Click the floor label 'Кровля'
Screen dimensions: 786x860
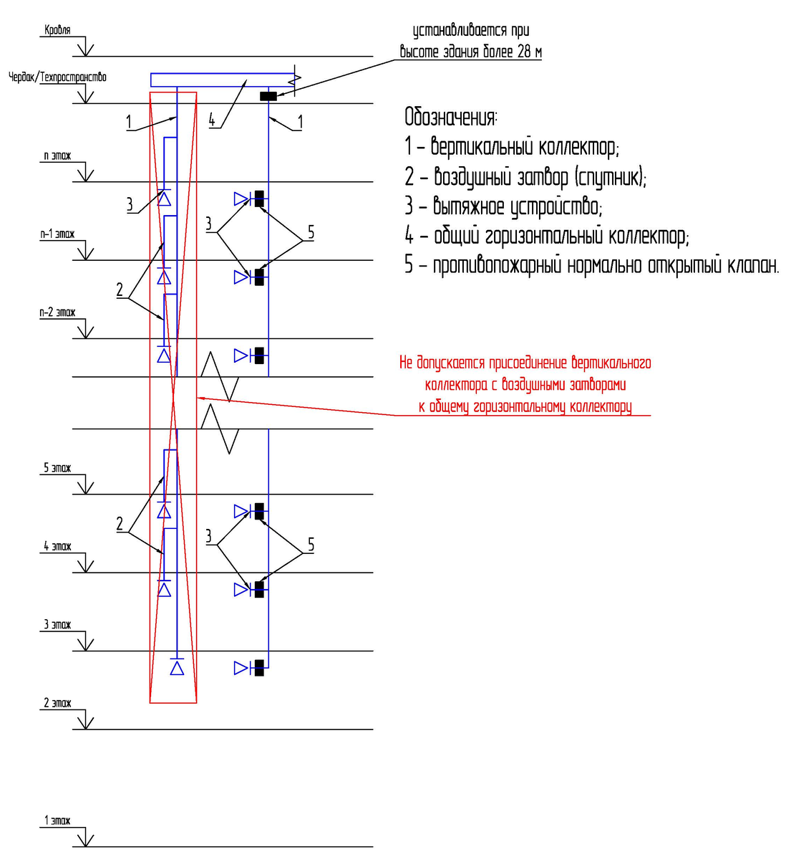(57, 30)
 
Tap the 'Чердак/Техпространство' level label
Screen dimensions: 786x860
(57, 77)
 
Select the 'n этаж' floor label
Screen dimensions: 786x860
(57, 156)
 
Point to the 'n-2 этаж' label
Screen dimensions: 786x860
(57, 312)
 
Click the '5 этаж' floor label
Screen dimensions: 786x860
(57, 468)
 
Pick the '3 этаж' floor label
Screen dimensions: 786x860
(57, 624)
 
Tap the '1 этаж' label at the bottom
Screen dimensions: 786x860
(57, 821)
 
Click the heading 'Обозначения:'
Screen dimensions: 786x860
(451, 117)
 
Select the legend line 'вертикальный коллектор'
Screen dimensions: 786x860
(511, 147)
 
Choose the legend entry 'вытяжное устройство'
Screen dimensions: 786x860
(503, 206)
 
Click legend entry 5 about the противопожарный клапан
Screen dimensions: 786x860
(591, 265)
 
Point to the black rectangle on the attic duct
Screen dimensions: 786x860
(268, 96)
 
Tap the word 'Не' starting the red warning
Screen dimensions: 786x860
(406, 363)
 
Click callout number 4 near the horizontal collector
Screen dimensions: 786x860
(212, 120)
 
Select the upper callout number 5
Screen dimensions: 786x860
(311, 232)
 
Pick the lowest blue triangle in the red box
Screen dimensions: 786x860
(177, 668)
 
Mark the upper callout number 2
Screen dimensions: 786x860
(120, 290)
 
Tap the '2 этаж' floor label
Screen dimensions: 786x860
(57, 703)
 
